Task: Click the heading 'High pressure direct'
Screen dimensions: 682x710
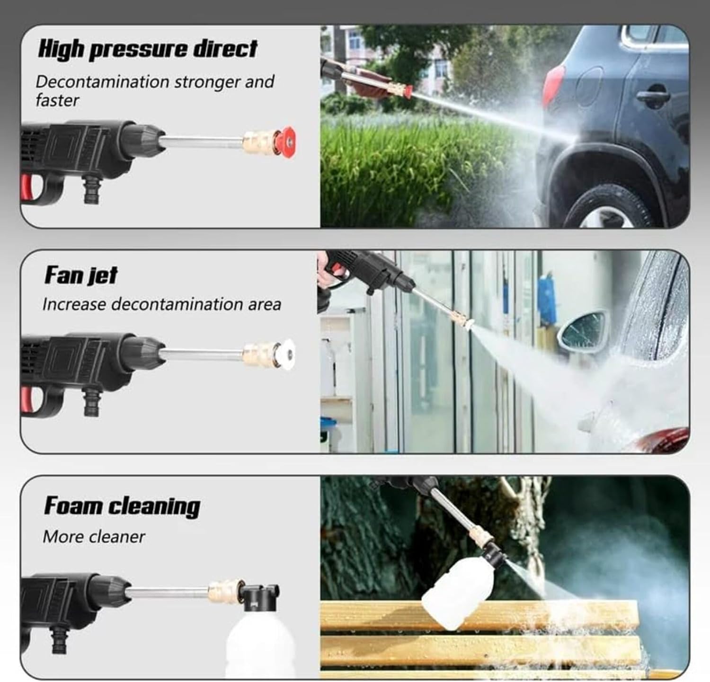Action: (x=148, y=49)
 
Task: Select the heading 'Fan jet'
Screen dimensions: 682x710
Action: (x=81, y=275)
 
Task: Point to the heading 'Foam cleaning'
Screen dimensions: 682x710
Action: (x=122, y=506)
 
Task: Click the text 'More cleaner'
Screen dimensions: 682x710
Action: (x=94, y=537)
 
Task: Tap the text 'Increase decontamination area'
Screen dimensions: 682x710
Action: (x=161, y=304)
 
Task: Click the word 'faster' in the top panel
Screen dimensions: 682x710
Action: (x=57, y=100)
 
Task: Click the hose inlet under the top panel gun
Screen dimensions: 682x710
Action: (x=91, y=189)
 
